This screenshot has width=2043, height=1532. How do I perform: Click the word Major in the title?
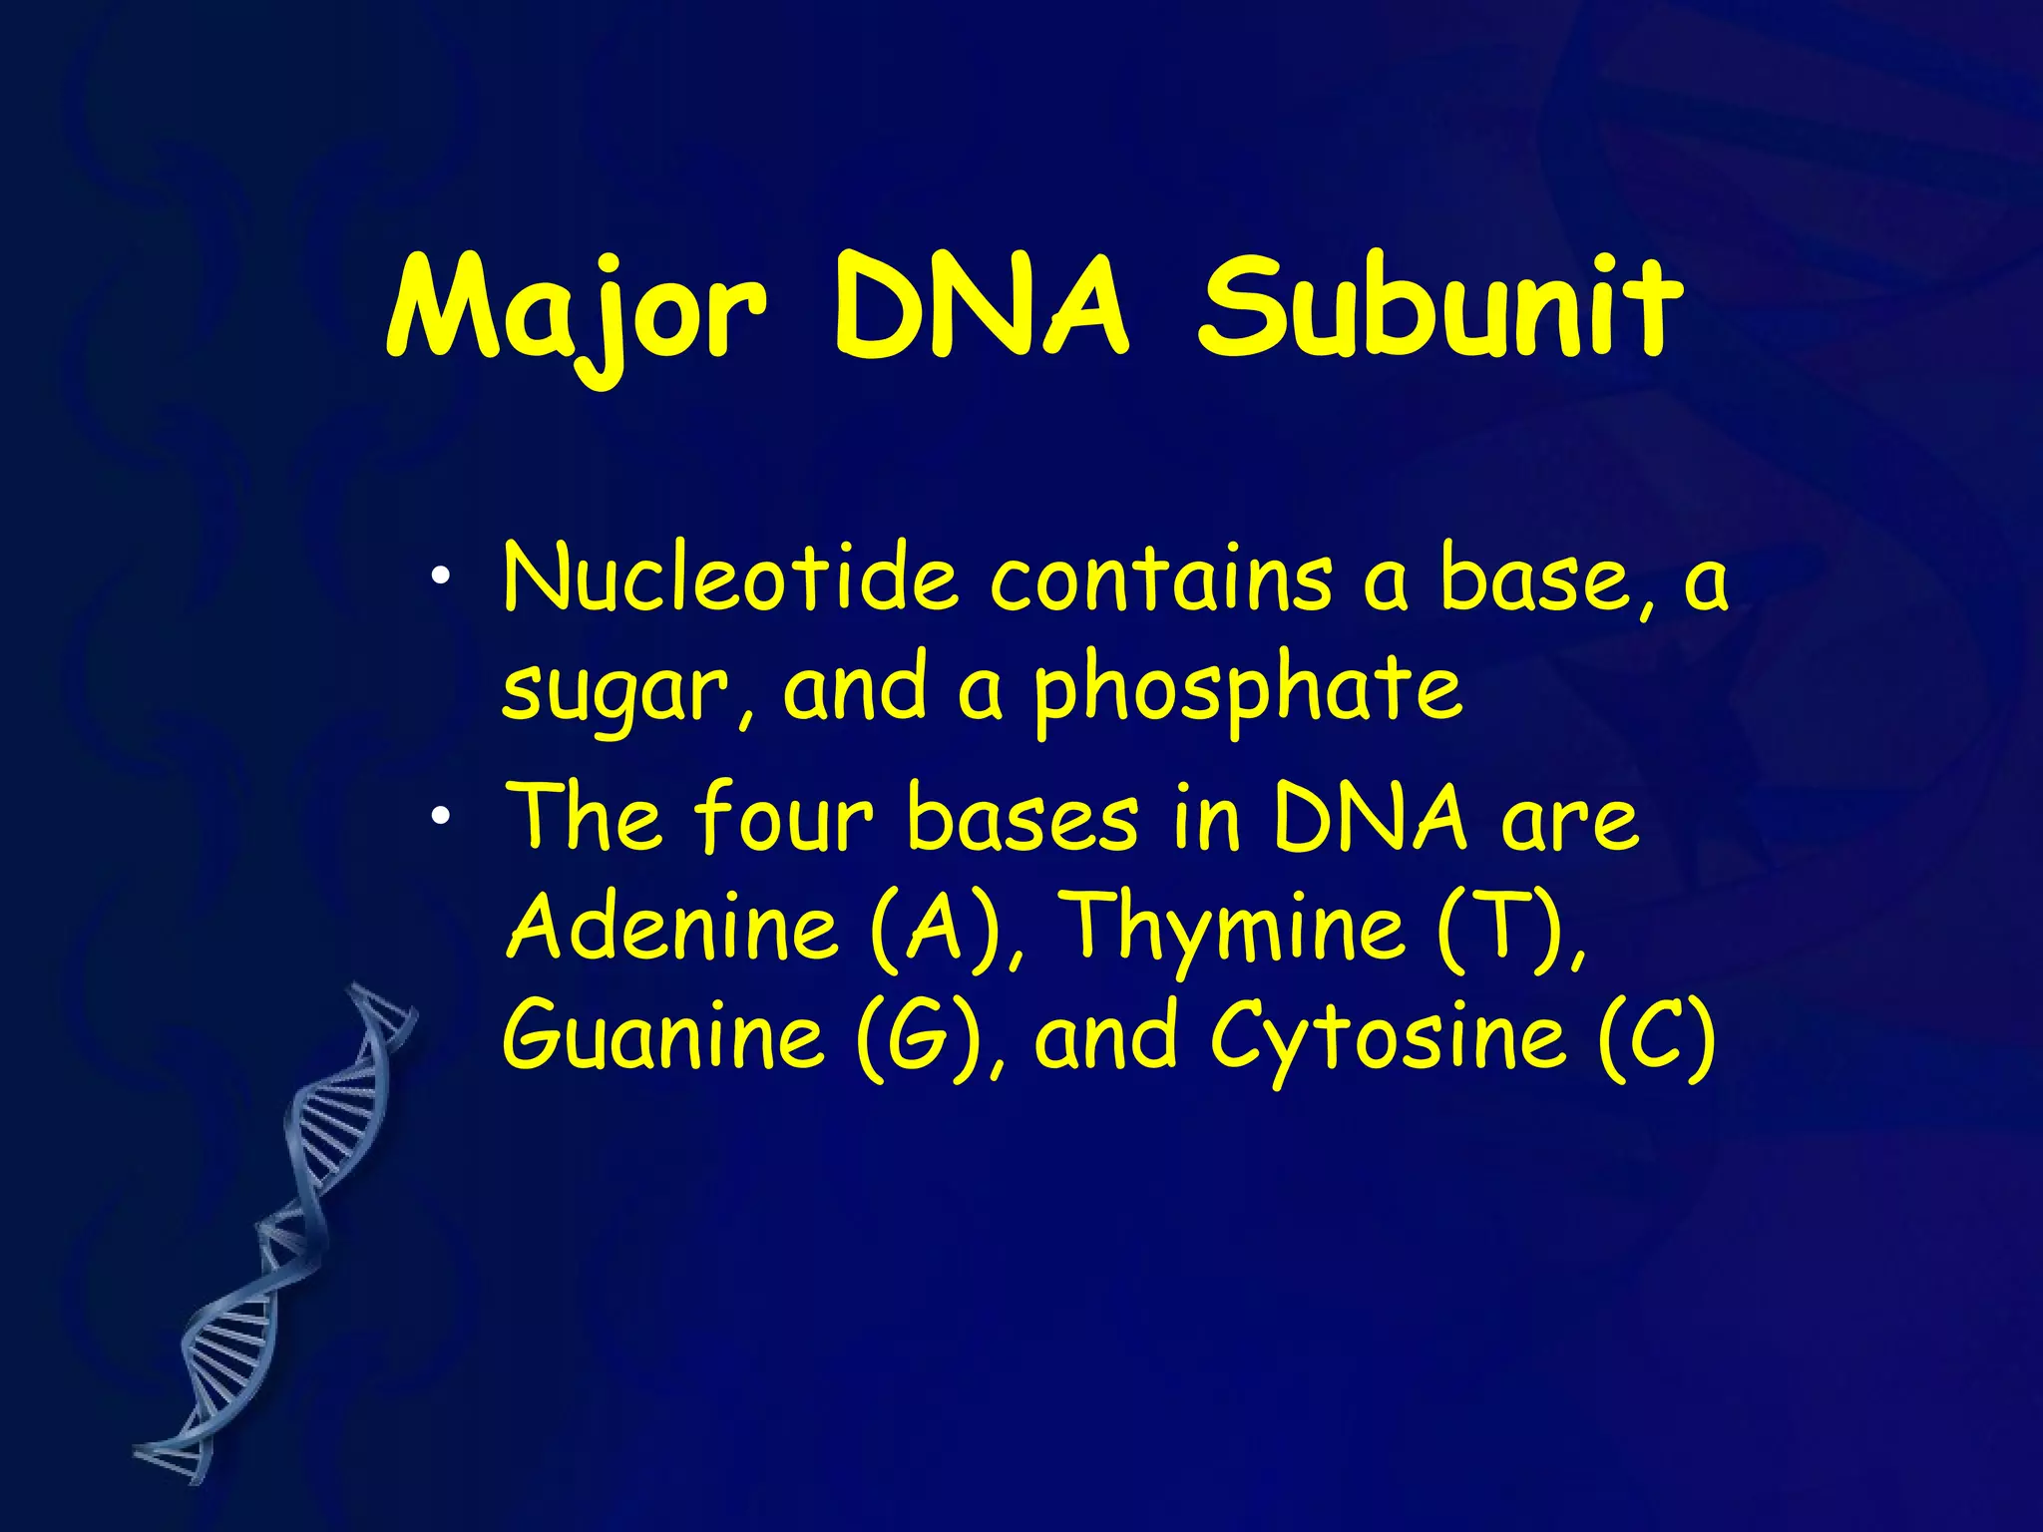[577, 309]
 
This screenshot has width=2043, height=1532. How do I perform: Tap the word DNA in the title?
[983, 309]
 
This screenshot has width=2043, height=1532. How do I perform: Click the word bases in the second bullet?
[1022, 818]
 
